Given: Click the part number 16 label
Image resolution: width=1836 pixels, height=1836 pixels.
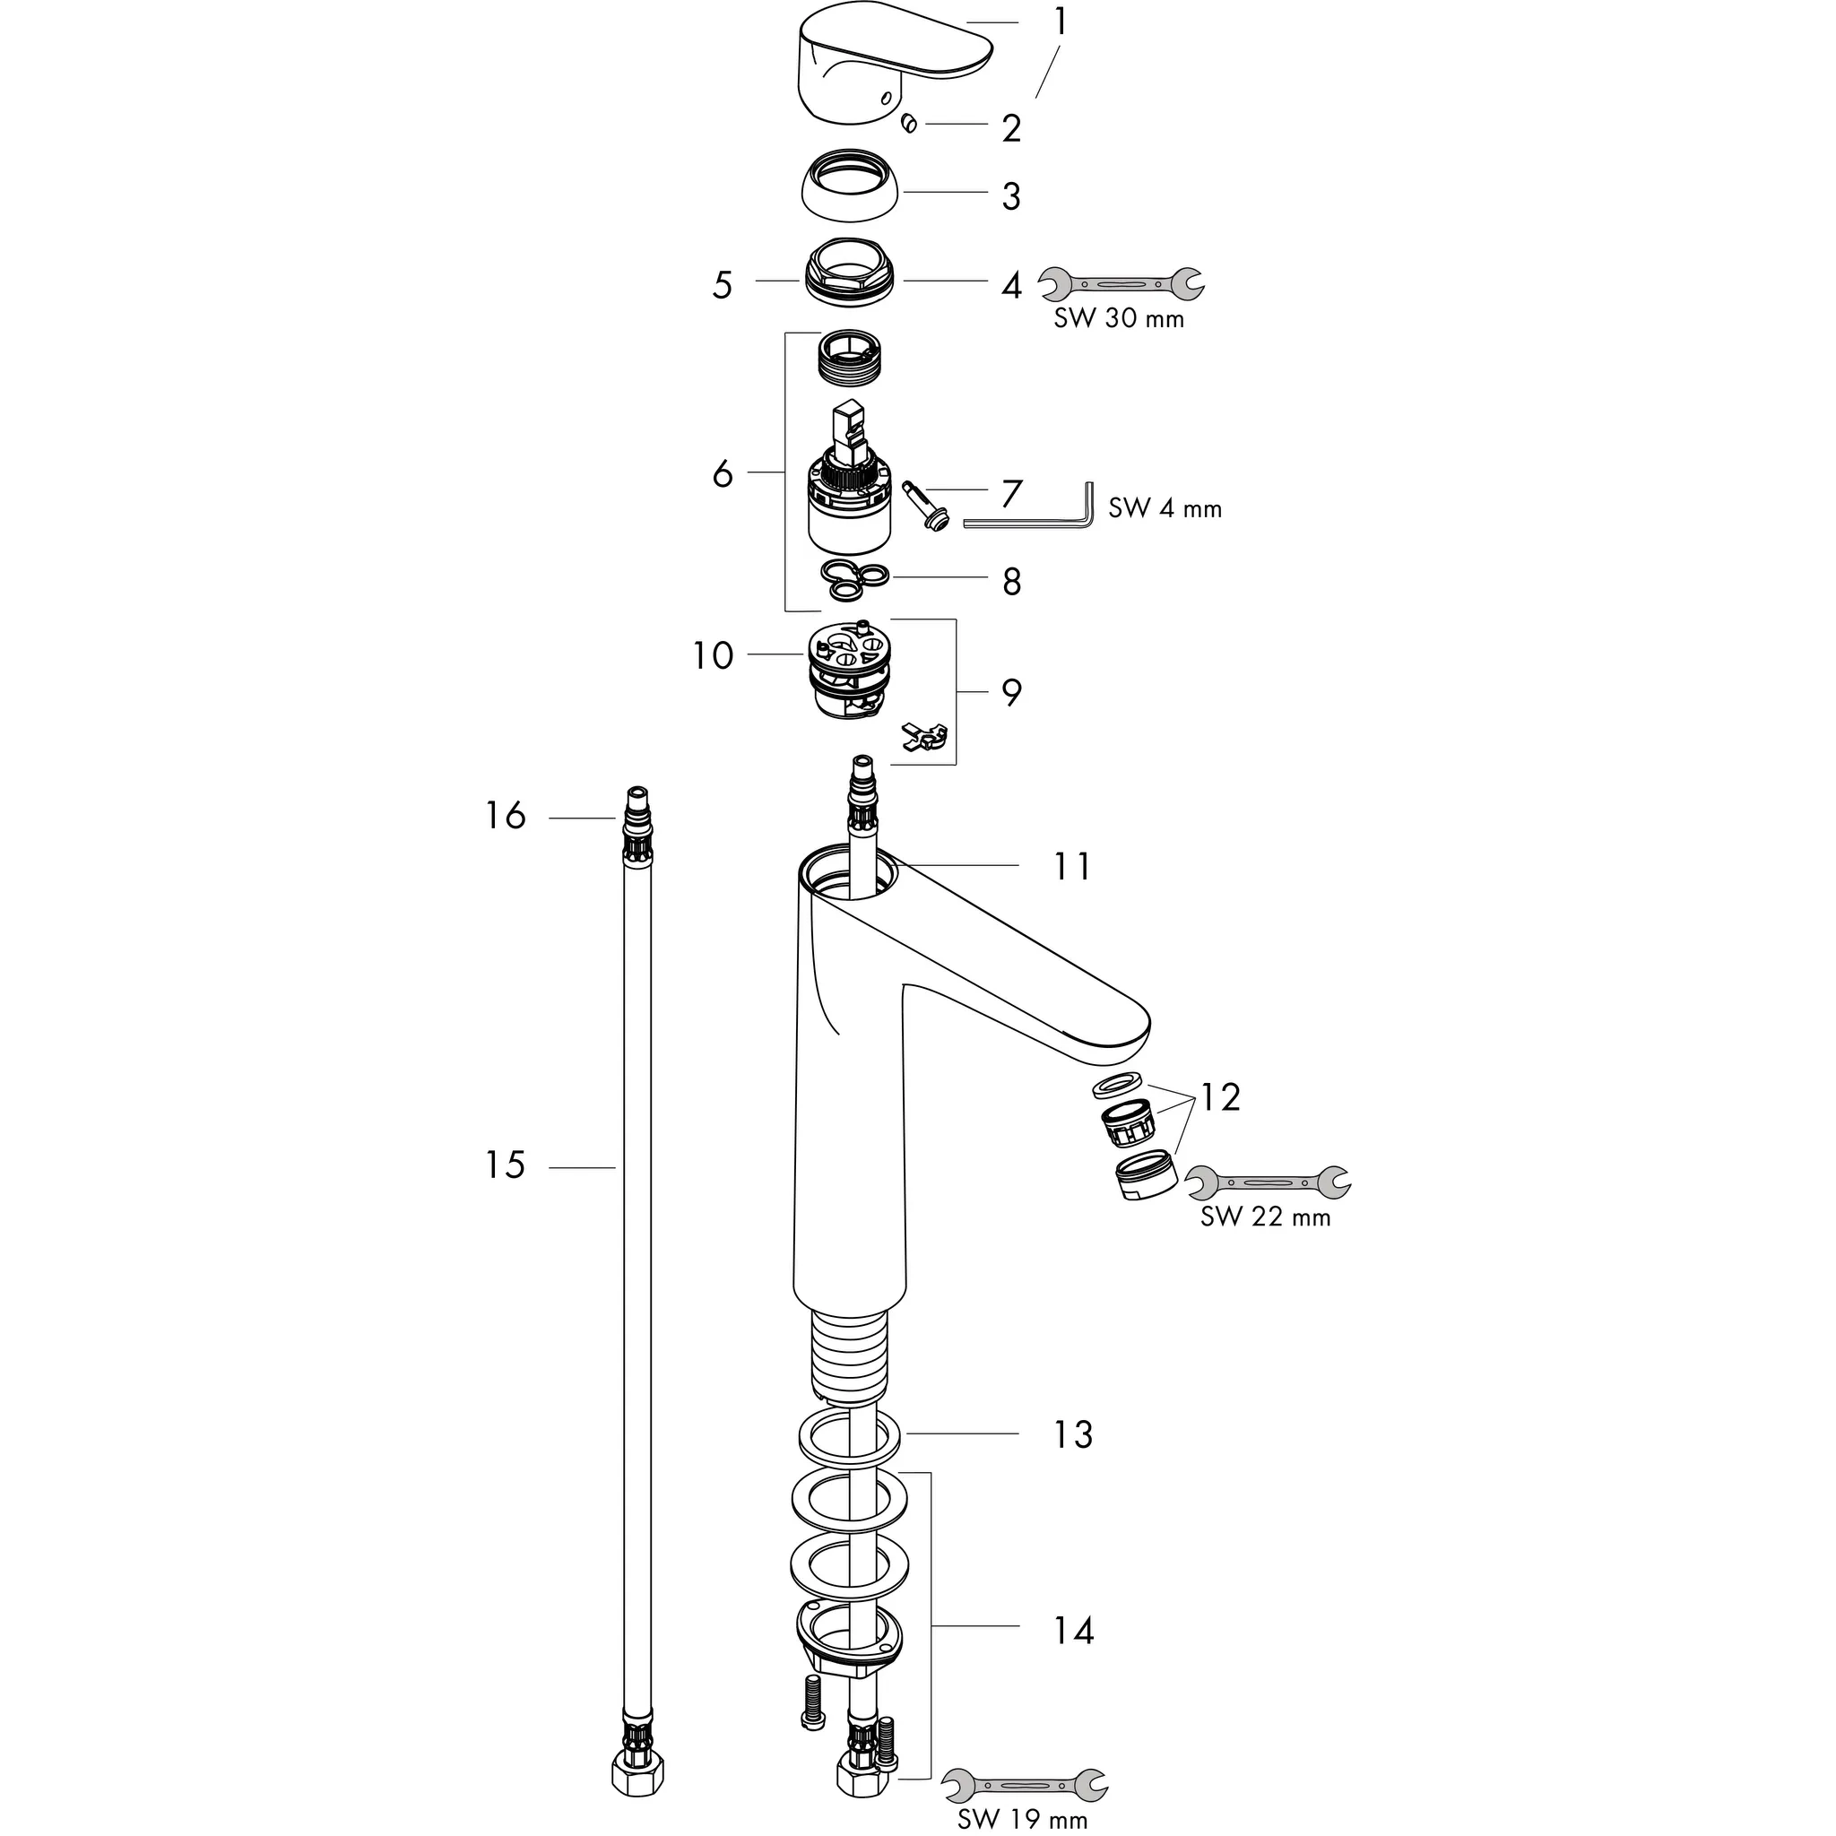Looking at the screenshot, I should coord(505,816).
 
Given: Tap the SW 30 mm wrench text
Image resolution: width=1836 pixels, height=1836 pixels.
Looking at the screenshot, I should coord(1119,319).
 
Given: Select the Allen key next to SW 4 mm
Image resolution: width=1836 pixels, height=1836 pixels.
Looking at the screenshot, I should coord(1031,518).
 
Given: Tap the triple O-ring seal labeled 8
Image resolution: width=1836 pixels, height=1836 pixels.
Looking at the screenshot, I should coord(853,580).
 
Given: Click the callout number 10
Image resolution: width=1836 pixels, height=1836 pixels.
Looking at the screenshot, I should coord(713,655).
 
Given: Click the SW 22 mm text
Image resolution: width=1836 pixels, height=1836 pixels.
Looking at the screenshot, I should coord(1265,1217).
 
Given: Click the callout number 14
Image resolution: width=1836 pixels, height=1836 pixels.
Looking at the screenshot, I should coord(1074,1631).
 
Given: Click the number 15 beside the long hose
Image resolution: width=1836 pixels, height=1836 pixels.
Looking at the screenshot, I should coord(505,1165).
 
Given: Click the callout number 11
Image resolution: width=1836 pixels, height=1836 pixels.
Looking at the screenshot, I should coord(1073,867).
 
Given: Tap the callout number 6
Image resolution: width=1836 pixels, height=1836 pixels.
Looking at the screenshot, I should coord(723,472).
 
